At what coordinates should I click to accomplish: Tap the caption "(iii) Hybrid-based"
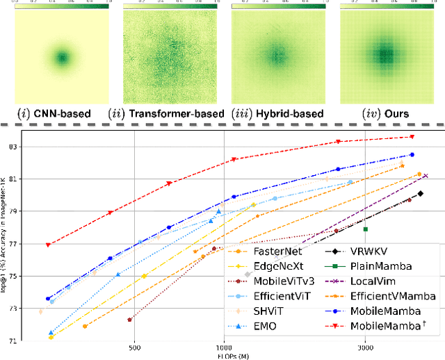pos(281,113)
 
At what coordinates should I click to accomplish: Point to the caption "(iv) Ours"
pos(383,113)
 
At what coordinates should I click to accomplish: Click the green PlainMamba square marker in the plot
pos(365,229)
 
